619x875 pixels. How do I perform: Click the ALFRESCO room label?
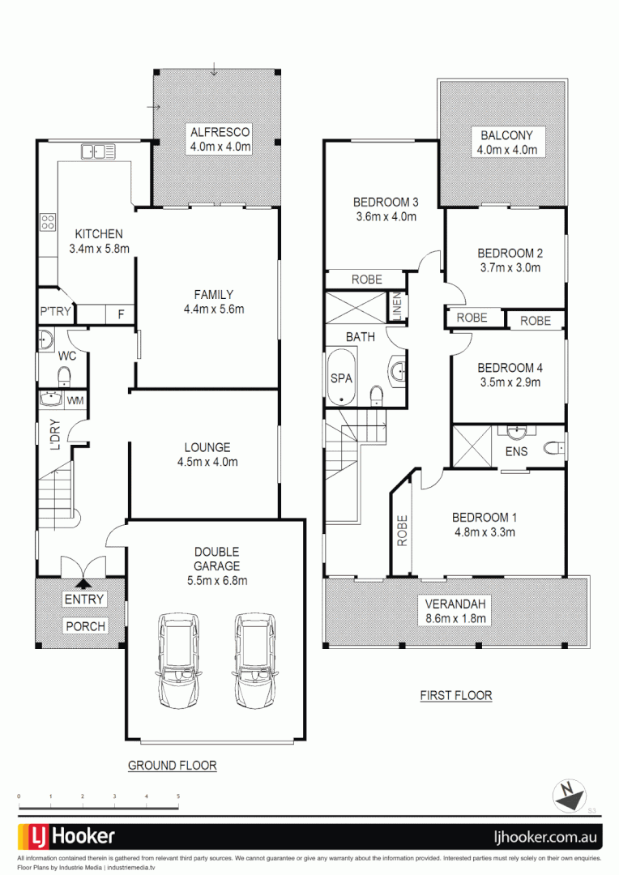click(220, 132)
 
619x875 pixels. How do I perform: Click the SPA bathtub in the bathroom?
click(339, 377)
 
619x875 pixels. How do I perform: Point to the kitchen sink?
click(99, 151)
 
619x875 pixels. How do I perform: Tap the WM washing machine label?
click(75, 400)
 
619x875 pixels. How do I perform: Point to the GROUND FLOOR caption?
click(172, 765)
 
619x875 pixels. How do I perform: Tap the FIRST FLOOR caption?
click(455, 695)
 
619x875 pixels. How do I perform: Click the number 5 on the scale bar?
click(178, 797)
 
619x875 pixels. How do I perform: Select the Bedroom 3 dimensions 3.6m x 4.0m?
click(385, 216)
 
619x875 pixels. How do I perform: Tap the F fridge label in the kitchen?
click(120, 314)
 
